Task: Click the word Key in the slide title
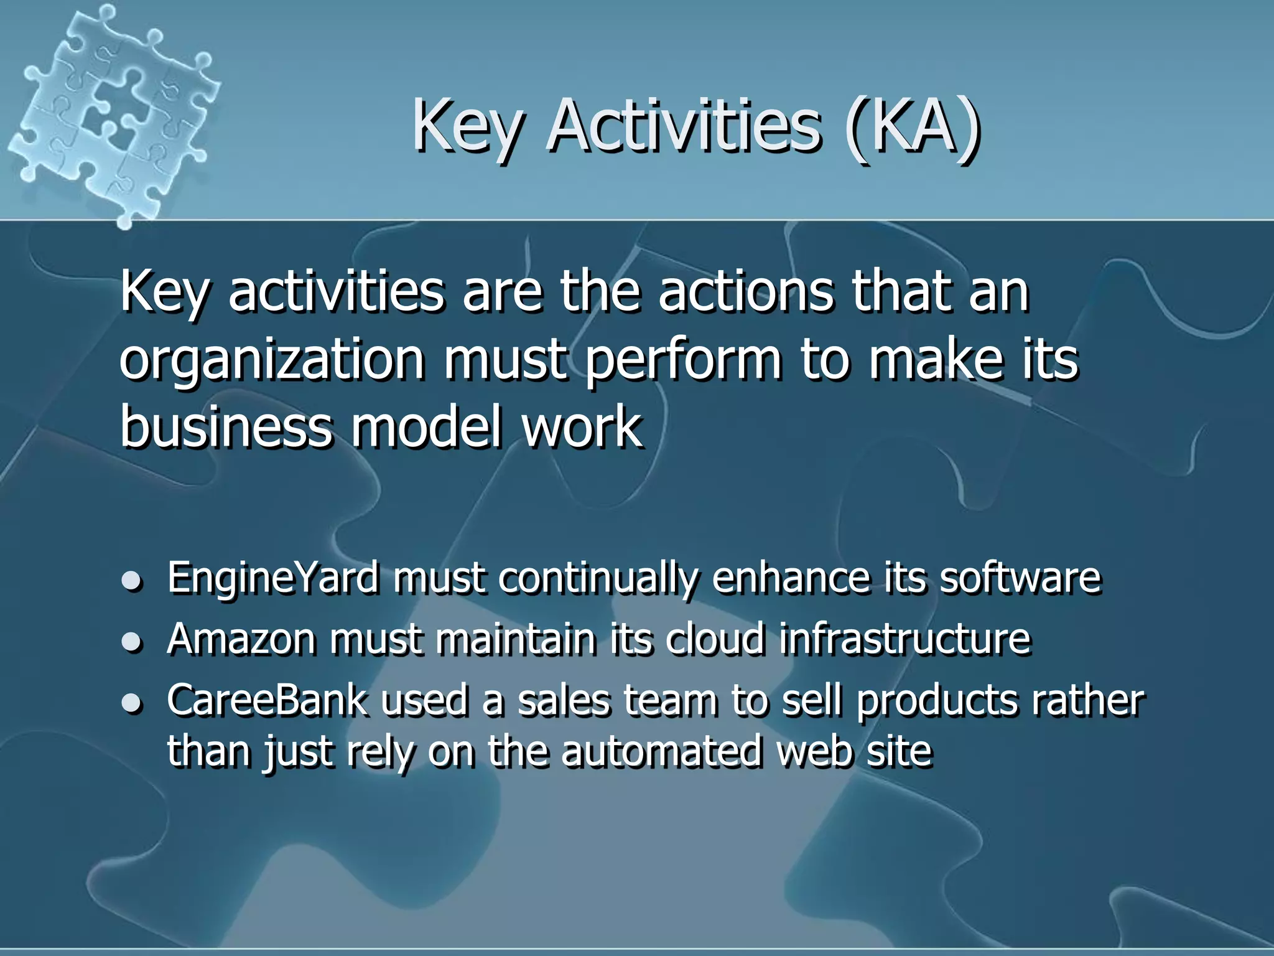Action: pos(466,128)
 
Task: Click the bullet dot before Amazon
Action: pos(131,642)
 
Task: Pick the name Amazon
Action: pos(241,639)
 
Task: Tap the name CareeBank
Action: pos(267,700)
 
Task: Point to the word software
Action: pos(1020,578)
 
